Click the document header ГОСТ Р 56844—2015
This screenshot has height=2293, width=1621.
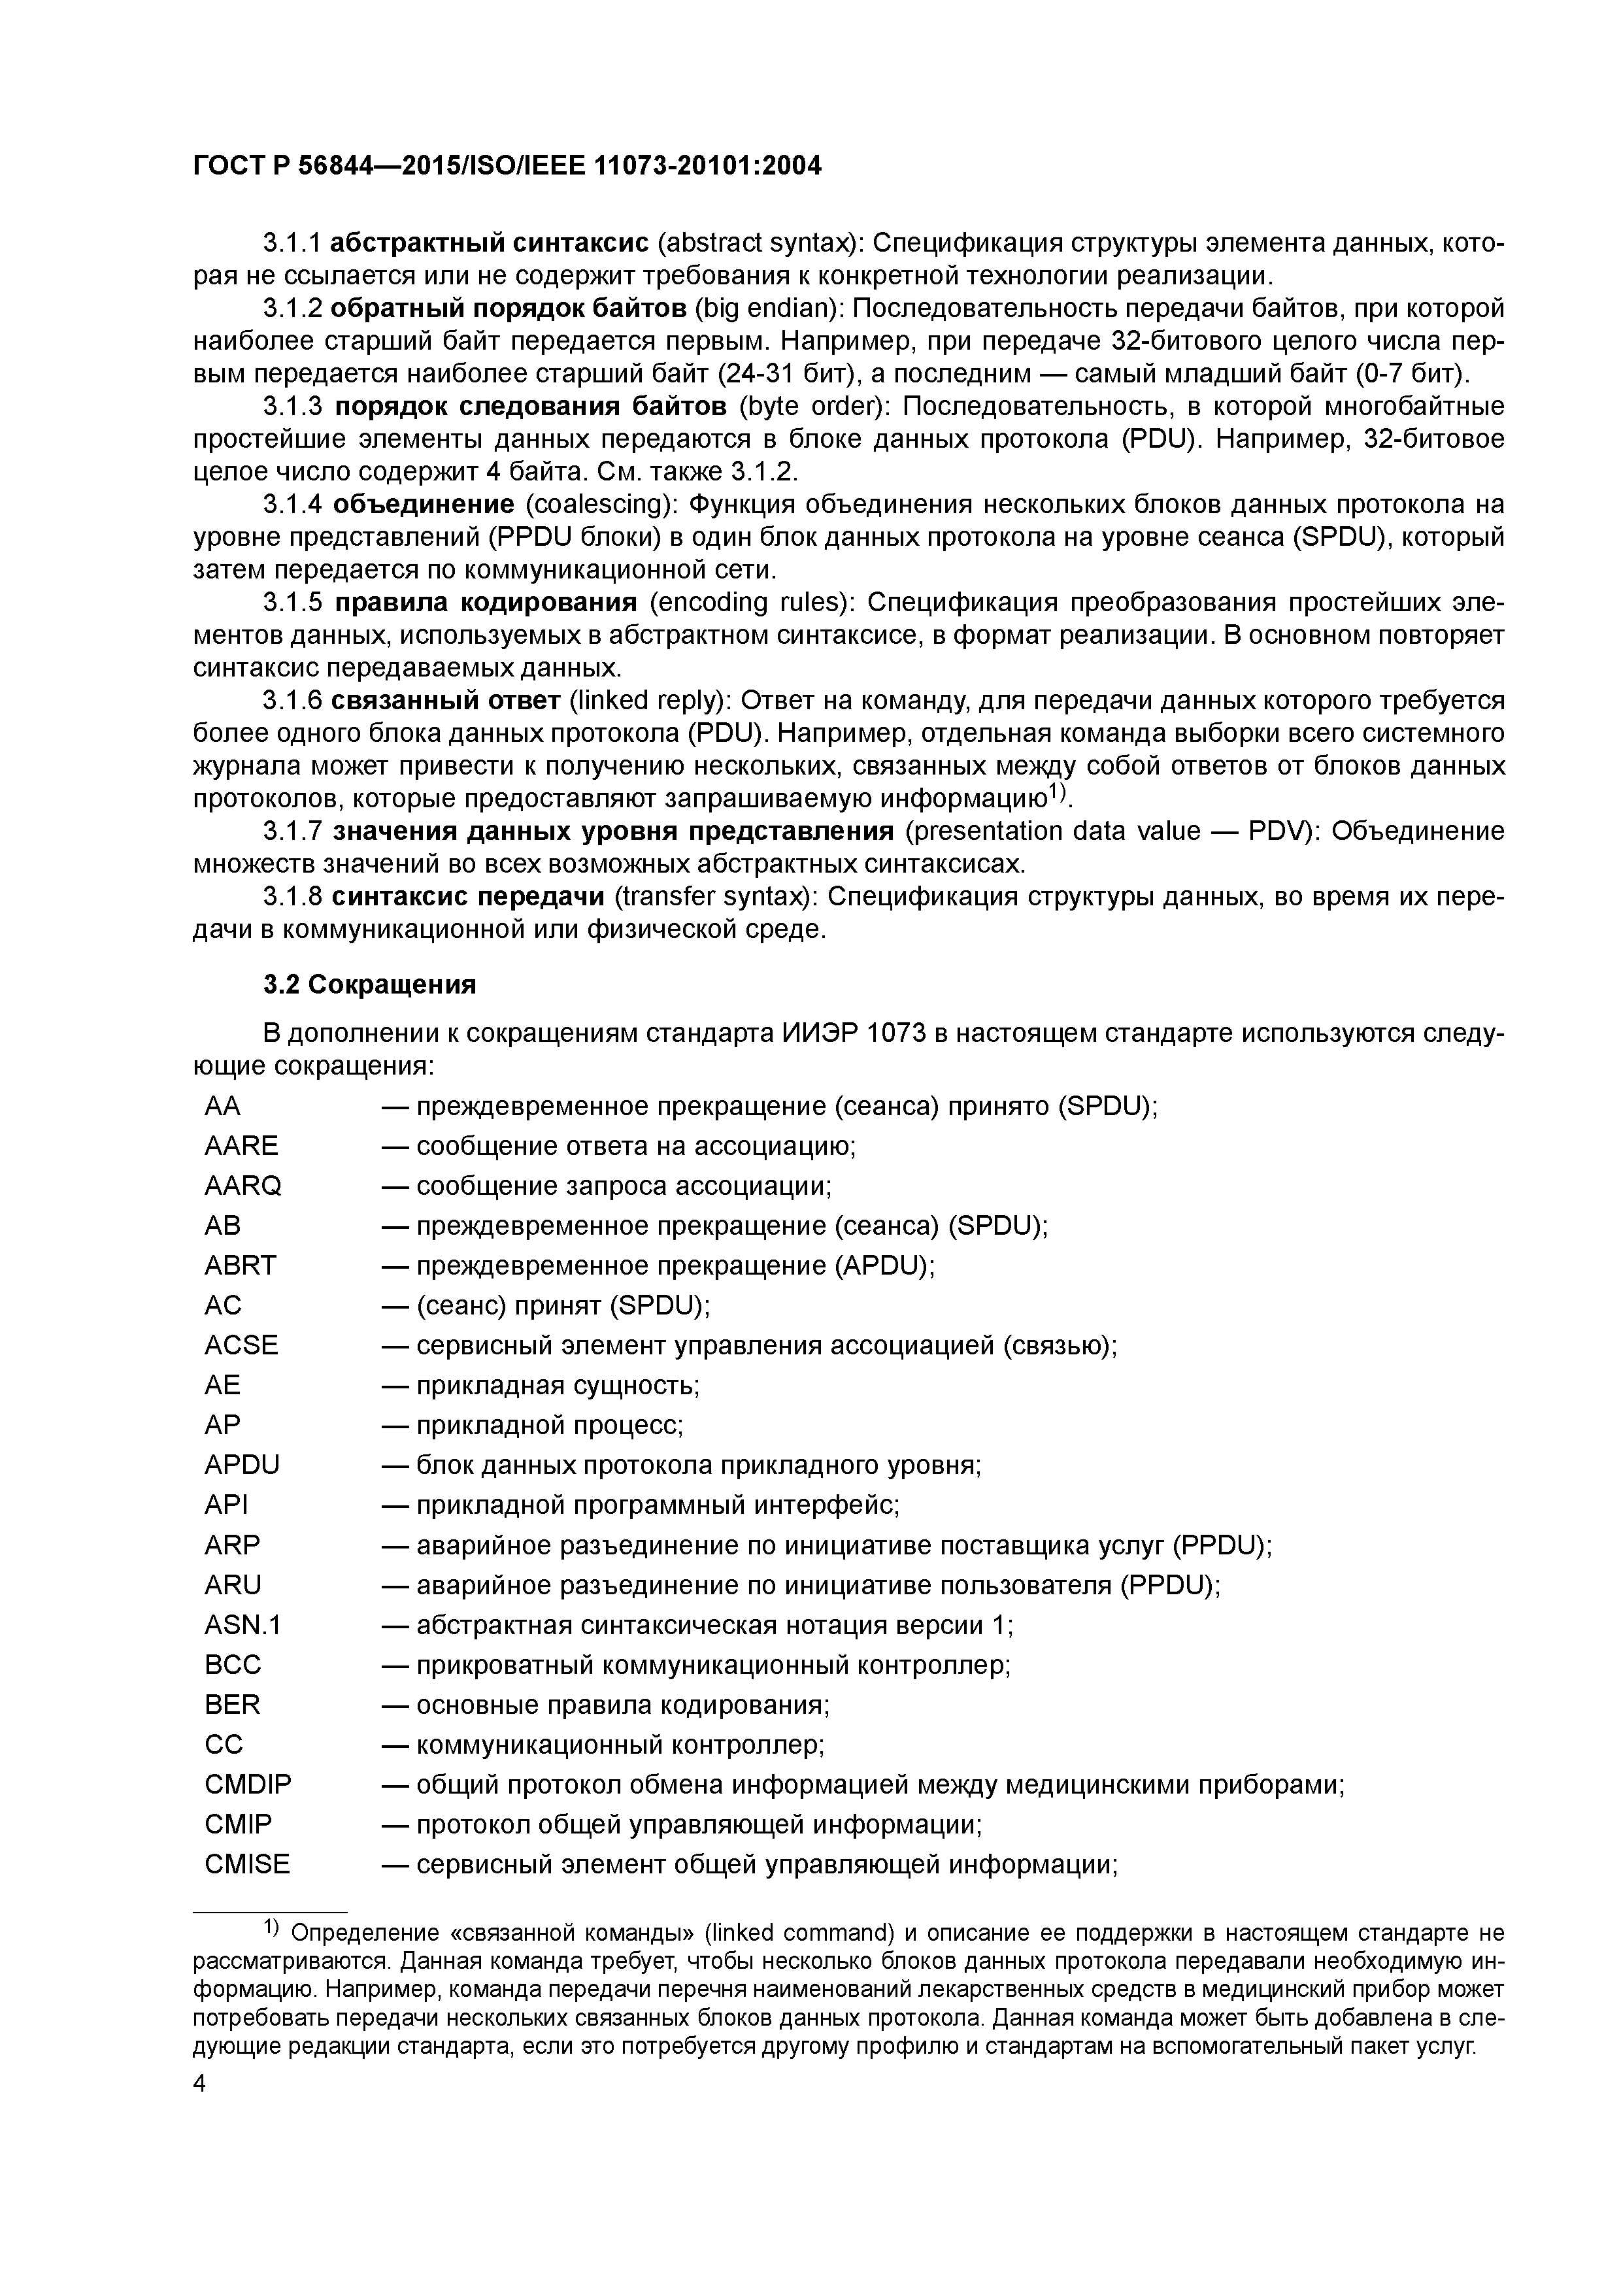pyautogui.click(x=507, y=167)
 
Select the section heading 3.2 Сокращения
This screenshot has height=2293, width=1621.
pyautogui.click(x=369, y=984)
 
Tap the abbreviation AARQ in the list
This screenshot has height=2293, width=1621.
pyautogui.click(x=242, y=1186)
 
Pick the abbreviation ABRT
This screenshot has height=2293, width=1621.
pyautogui.click(x=240, y=1265)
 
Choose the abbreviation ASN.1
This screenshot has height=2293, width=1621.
pyautogui.click(x=242, y=1625)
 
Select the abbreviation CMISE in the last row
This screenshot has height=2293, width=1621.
pyautogui.click(x=246, y=1865)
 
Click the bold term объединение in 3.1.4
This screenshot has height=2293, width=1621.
pyautogui.click(x=424, y=505)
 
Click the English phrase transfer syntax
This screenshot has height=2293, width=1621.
pyautogui.click(x=716, y=897)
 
